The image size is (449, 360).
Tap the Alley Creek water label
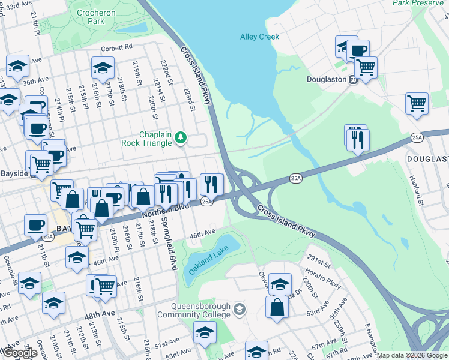(259, 37)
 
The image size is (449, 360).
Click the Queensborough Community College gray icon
(240, 310)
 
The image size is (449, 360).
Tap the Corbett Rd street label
(116, 47)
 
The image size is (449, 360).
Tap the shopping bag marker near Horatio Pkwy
(277, 307)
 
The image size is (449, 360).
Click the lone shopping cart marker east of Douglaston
(417, 103)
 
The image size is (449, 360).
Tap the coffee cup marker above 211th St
(35, 225)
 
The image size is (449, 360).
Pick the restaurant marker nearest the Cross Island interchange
(211, 182)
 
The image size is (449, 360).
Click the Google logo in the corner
(19, 353)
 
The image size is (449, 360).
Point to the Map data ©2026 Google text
(412, 355)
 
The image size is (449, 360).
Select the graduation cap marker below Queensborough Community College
(205, 332)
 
